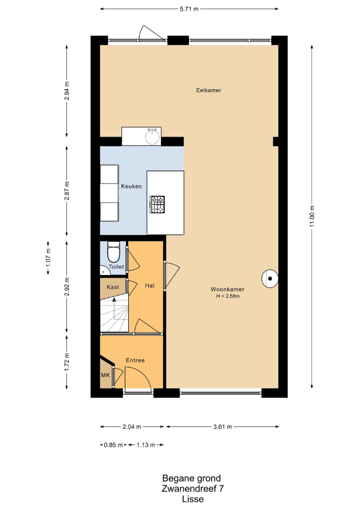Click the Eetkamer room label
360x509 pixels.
[x=208, y=90]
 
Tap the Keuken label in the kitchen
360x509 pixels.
[x=131, y=186]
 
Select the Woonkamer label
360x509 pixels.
[x=227, y=289]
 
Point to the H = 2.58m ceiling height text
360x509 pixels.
[x=228, y=296]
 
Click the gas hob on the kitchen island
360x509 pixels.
[x=157, y=205]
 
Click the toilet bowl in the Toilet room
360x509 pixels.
[x=113, y=252]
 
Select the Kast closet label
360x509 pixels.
[x=113, y=287]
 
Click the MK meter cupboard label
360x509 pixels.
[x=105, y=375]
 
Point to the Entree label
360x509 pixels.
[x=135, y=360]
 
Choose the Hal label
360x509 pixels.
[x=149, y=285]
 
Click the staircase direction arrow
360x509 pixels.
[x=114, y=309]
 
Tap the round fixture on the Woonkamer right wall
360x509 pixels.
[x=270, y=279]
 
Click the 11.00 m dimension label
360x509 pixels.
[x=312, y=217]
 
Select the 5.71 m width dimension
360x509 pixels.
[x=189, y=9]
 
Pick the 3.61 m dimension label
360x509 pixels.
[x=223, y=427]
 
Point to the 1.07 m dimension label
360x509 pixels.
[x=49, y=258]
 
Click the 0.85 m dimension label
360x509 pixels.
[x=113, y=445]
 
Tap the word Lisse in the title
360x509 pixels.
[x=193, y=499]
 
